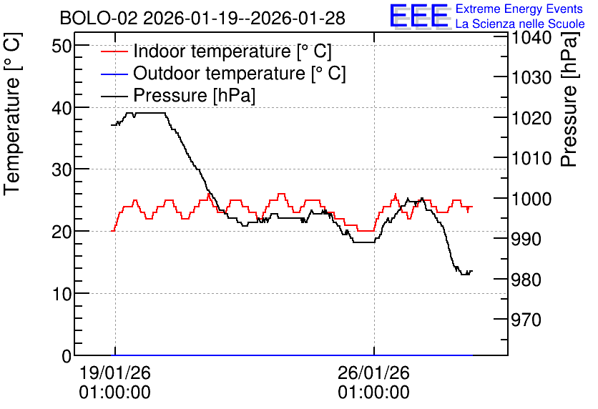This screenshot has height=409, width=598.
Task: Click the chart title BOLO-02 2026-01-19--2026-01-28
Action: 202,18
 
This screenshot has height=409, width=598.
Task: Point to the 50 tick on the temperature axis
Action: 62,46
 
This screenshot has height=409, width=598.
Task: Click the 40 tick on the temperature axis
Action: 62,108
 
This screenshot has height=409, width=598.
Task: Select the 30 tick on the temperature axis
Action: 62,170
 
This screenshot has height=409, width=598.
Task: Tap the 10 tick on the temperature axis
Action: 62,295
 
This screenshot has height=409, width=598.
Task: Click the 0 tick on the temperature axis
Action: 67,356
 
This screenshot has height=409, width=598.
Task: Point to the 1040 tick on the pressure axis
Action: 531,38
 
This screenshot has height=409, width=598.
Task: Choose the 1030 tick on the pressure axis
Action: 531,78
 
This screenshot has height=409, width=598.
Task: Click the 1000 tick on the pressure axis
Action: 531,199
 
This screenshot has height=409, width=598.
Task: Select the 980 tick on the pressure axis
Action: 526,280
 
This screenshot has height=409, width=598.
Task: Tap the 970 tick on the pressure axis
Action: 526,320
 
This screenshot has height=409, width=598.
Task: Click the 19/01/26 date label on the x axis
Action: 114,373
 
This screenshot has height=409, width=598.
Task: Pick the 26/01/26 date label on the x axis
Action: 373,373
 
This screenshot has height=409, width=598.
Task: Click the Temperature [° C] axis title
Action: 12,114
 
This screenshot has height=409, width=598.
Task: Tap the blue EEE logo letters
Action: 418,15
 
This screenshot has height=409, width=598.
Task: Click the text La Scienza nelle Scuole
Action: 520,24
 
